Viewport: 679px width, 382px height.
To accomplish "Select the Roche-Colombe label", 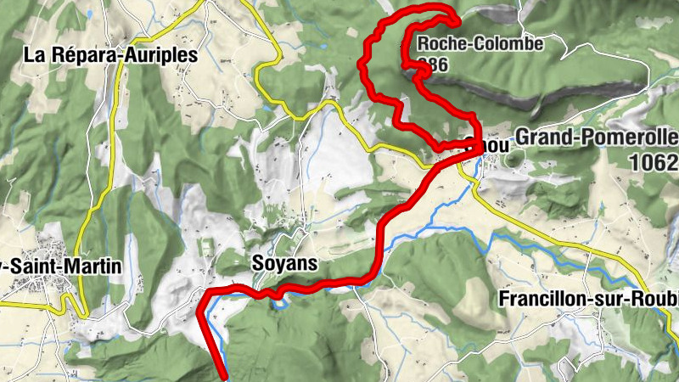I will pyautogui.click(x=480, y=44).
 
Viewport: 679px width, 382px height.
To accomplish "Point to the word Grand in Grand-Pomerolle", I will pyautogui.click(x=542, y=138).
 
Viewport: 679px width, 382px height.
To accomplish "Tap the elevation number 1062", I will pyautogui.click(x=654, y=160).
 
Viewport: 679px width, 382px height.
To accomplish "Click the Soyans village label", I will pyautogui.click(x=284, y=264).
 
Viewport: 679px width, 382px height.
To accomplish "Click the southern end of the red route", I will pyautogui.click(x=225, y=374).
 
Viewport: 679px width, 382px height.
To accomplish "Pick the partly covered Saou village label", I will pyautogui.click(x=492, y=145).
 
